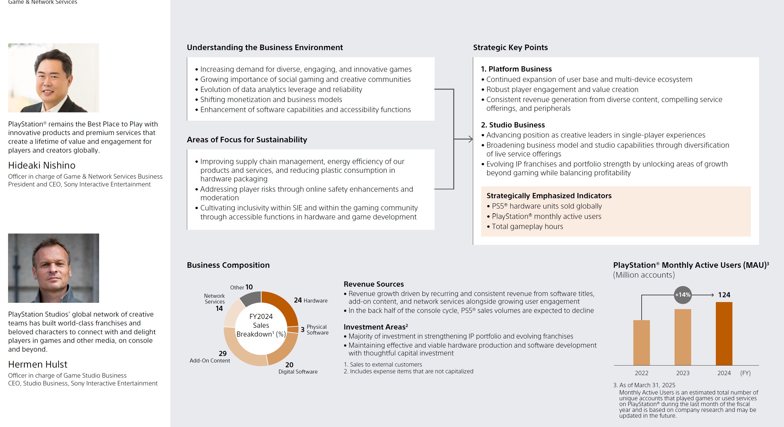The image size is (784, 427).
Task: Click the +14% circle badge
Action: [x=683, y=295]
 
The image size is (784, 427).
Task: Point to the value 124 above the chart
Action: [x=724, y=295]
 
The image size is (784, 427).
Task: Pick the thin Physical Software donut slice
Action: [x=293, y=330]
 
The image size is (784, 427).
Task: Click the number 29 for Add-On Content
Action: [x=223, y=353]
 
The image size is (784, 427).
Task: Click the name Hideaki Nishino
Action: [x=42, y=165]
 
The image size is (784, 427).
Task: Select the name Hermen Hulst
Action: [x=38, y=364]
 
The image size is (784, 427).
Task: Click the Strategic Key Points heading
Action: [x=510, y=47]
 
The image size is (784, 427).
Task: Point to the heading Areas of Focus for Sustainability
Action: [x=247, y=140]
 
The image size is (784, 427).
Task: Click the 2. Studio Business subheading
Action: [x=513, y=125]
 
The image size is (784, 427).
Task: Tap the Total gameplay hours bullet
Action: [x=527, y=226]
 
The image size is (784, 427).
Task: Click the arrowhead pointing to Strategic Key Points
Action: [x=471, y=139]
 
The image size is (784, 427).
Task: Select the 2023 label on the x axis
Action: [x=683, y=373]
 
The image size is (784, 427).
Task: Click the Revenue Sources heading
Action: [x=374, y=284]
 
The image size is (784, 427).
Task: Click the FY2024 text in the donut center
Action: [x=261, y=316]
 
